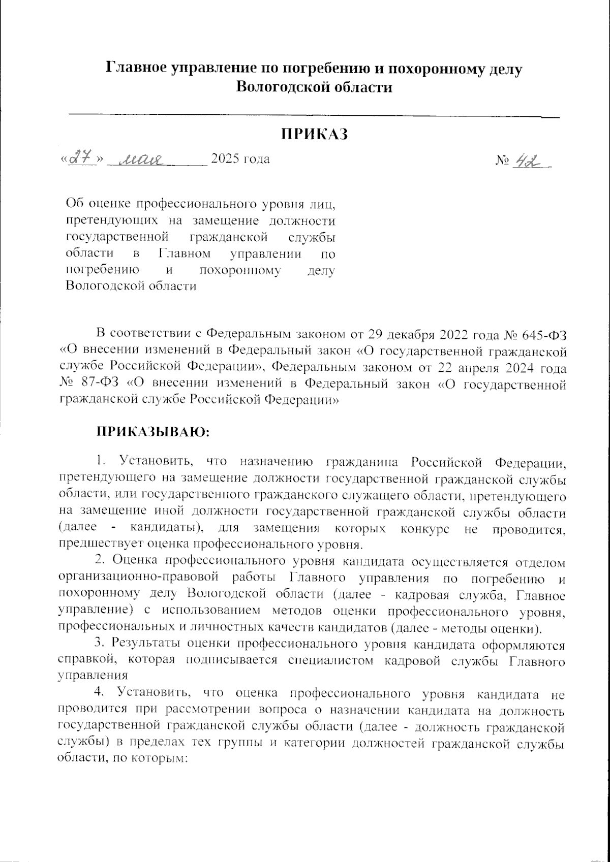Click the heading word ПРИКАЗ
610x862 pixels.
315,134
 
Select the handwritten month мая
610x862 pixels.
140,161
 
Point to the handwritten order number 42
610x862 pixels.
527,159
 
